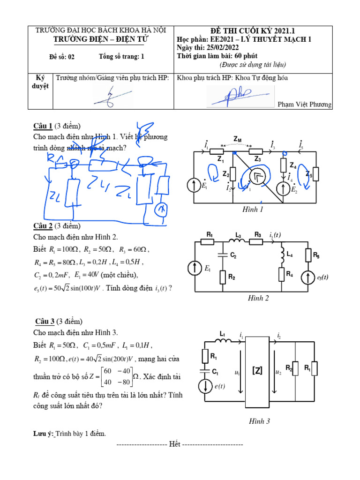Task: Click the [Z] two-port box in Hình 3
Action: [257, 370]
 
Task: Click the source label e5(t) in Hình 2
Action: [322, 277]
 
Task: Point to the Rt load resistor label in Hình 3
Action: [307, 369]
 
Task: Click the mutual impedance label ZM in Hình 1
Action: [238, 139]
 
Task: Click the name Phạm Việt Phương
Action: [304, 105]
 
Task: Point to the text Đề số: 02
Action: [62, 57]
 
